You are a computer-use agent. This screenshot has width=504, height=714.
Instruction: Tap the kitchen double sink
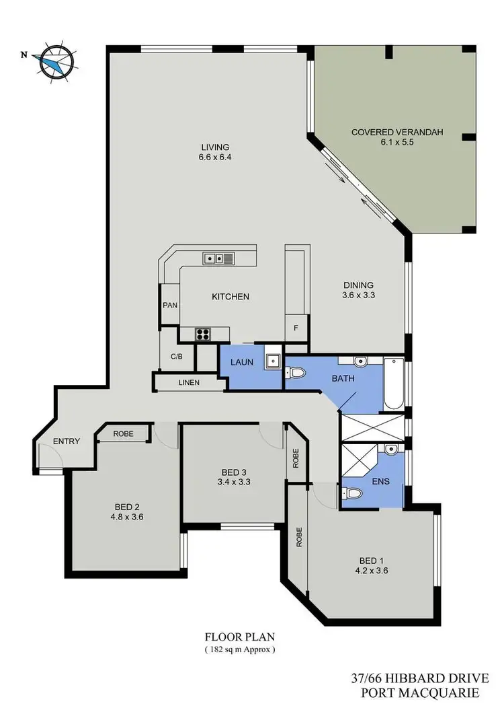(218, 257)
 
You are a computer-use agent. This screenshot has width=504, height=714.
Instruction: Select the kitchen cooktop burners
(204, 333)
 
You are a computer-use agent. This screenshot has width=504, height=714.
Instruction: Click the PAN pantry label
(169, 305)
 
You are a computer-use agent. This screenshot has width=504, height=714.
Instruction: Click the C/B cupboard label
(177, 356)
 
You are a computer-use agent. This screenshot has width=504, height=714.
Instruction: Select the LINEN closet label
(188, 383)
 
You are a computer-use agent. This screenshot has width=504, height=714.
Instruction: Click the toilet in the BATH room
(297, 371)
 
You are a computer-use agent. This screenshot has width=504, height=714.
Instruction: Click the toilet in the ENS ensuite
(351, 493)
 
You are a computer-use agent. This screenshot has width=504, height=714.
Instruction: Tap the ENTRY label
(67, 441)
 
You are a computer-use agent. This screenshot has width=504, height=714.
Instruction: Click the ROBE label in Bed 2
(122, 434)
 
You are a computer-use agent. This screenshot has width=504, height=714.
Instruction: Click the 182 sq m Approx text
(240, 649)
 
